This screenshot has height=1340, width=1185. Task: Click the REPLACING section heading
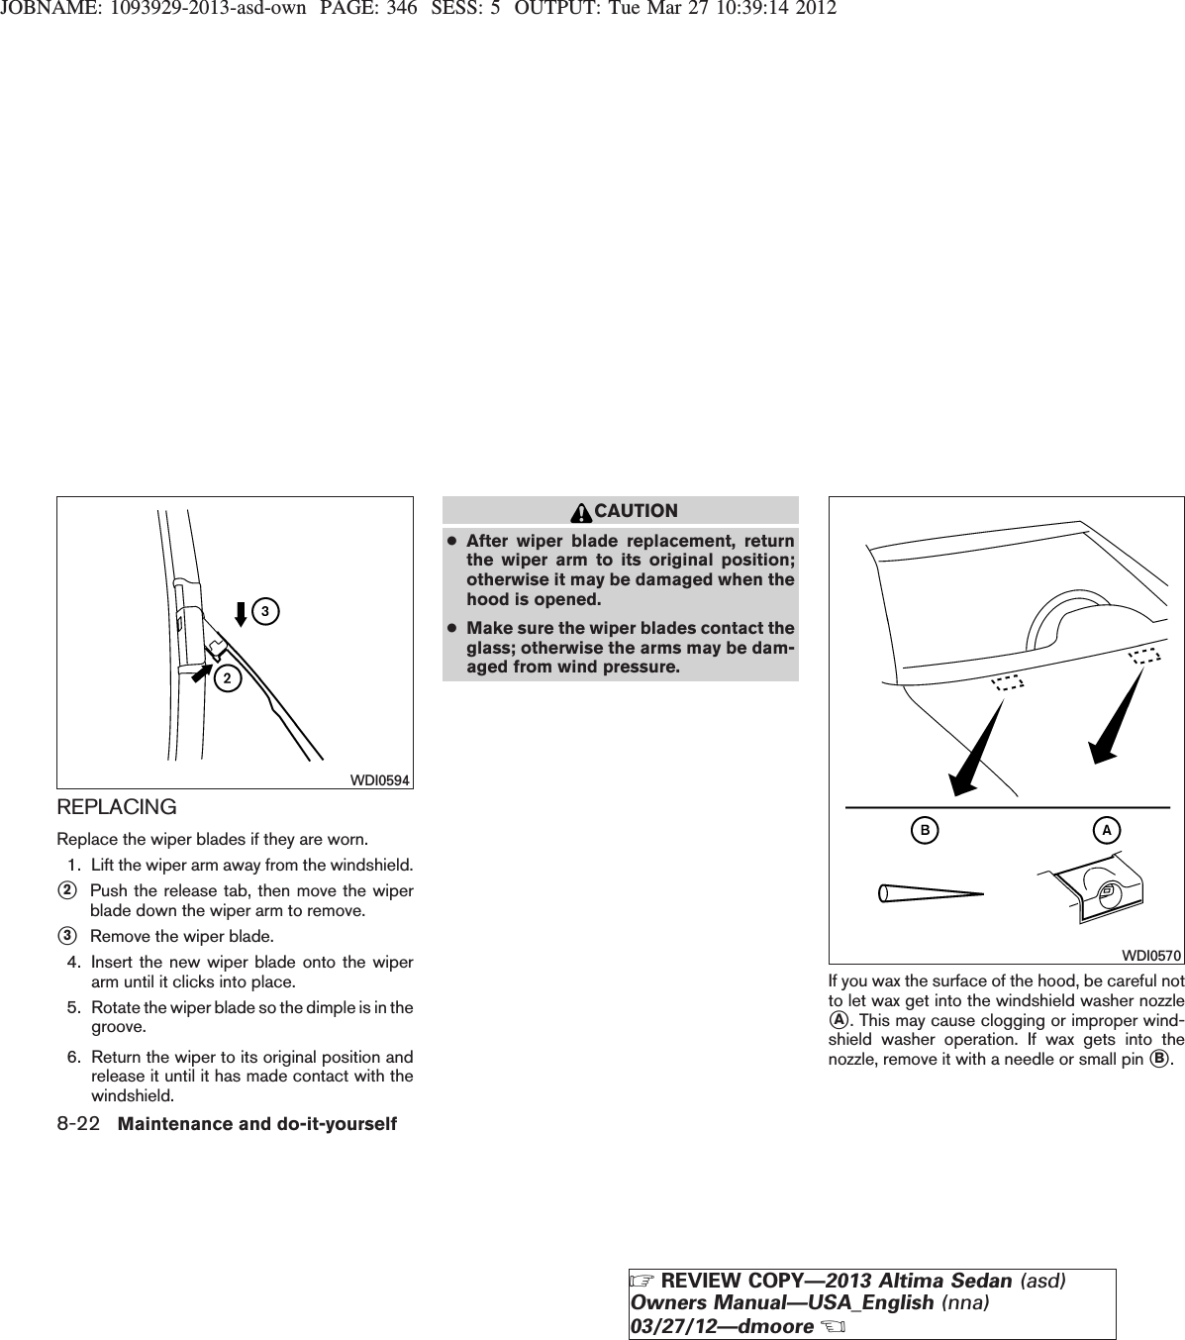pos(117,807)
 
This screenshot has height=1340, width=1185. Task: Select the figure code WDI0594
pos(381,779)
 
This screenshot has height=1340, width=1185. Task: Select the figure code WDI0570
pos(1151,955)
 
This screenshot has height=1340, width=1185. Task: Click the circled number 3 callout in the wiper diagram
pos(264,611)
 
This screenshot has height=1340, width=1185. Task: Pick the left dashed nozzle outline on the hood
pos(1007,681)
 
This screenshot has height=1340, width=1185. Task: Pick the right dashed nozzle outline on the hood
pos(1143,655)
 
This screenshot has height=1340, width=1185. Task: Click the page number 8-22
pos(78,1124)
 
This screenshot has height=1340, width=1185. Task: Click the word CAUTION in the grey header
pos(637,511)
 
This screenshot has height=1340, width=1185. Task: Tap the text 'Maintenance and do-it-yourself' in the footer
pos(256,1124)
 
